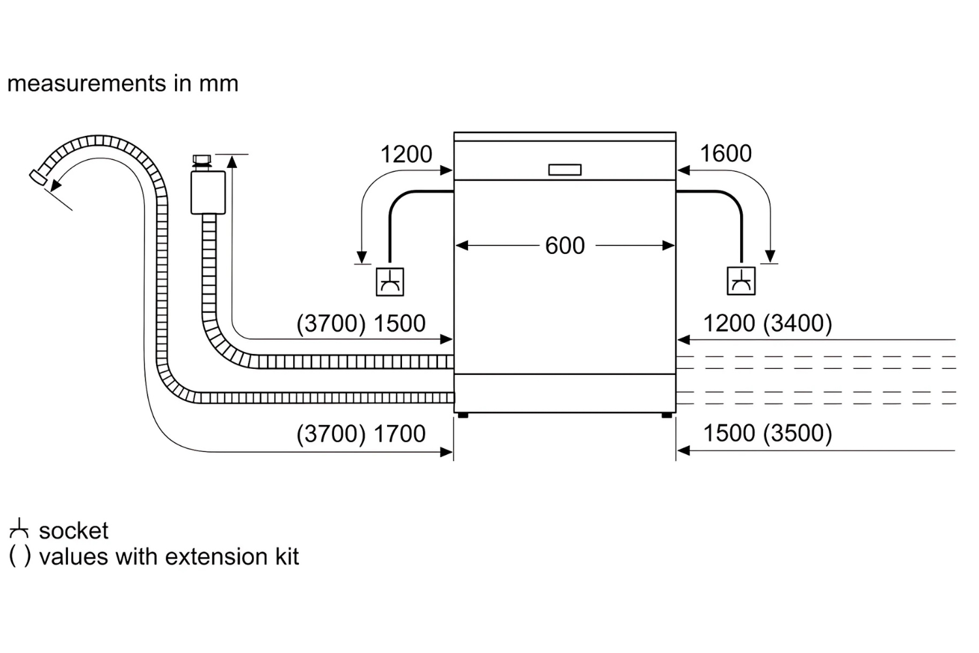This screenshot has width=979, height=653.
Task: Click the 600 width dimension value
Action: (x=565, y=246)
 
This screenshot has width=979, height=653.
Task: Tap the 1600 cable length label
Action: (x=726, y=153)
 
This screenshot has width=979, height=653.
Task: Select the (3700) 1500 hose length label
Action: (x=361, y=323)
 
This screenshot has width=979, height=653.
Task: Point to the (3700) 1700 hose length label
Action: (x=361, y=434)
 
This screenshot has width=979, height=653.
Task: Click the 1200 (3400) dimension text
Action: (x=768, y=323)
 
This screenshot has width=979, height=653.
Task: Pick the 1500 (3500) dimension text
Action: (x=768, y=433)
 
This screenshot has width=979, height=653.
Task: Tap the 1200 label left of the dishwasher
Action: (x=406, y=154)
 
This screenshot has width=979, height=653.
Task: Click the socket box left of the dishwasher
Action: (x=390, y=281)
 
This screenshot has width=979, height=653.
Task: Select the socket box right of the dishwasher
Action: (x=741, y=281)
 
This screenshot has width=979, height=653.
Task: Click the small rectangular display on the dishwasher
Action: (x=565, y=170)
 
